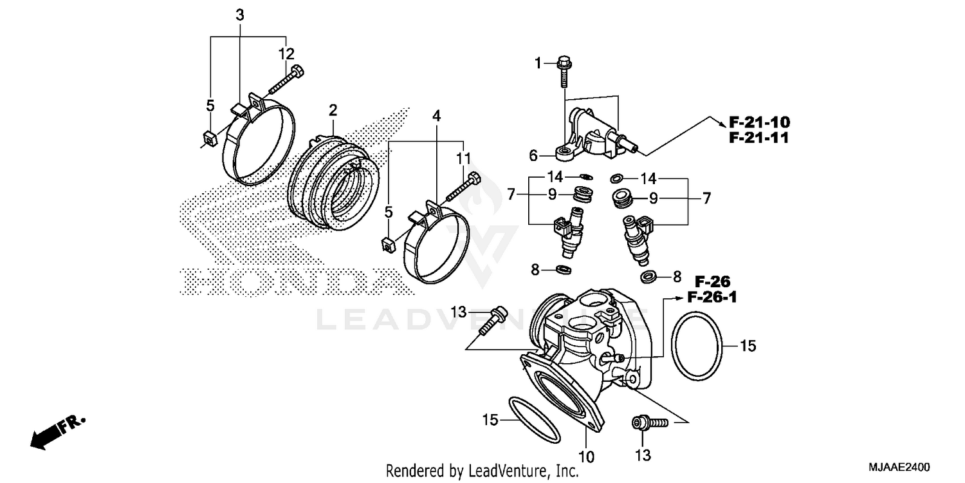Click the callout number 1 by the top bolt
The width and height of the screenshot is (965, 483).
point(538,62)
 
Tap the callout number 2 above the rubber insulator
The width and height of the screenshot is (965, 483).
point(333,111)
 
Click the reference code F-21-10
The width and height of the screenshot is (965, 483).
point(759,122)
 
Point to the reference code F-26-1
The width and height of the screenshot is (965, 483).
point(712,297)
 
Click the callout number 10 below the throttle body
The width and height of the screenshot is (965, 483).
point(586,456)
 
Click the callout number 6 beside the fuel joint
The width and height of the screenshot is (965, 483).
point(533,155)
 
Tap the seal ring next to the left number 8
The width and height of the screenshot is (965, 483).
point(564,269)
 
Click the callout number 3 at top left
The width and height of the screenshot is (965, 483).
point(239,15)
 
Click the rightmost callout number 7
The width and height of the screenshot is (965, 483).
point(706,198)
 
